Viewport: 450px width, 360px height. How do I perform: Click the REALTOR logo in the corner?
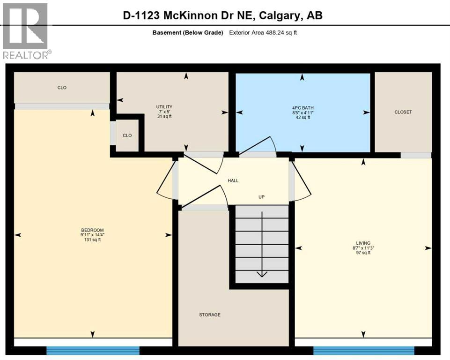(26, 30)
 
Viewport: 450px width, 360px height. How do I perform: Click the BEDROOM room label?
(92, 230)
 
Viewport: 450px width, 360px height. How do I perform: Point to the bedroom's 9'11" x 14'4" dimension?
(92, 235)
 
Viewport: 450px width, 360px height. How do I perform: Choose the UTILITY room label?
(164, 107)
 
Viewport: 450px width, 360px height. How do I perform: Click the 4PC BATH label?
(302, 107)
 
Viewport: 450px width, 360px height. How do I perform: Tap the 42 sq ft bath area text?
(302, 118)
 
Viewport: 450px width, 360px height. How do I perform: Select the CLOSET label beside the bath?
(403, 112)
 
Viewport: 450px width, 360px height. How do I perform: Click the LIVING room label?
(363, 243)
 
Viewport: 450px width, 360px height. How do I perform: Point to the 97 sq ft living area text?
(363, 253)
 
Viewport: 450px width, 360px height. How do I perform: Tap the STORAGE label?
(209, 315)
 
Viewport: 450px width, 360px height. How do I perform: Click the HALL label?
(233, 180)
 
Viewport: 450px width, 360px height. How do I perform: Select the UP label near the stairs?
(261, 197)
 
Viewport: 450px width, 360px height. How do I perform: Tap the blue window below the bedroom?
(93, 350)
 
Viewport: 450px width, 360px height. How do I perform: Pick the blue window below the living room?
(363, 350)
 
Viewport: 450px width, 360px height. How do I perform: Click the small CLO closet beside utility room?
(127, 135)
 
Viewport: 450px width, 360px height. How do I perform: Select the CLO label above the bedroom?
(62, 88)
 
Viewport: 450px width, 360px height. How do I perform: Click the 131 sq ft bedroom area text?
(92, 240)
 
